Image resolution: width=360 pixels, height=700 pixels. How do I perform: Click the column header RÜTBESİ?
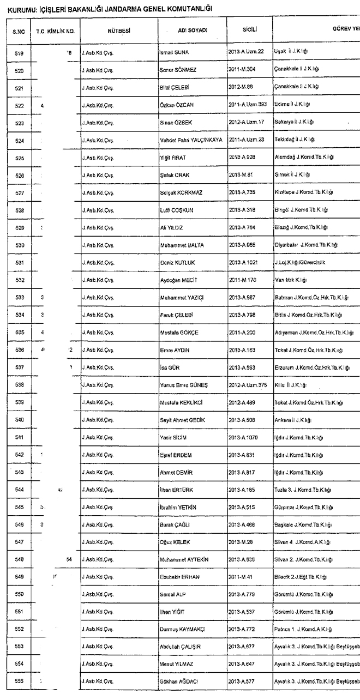119,31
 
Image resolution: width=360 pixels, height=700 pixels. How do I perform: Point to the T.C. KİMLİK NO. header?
55,32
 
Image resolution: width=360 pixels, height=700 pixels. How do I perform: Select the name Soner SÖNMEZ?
177,70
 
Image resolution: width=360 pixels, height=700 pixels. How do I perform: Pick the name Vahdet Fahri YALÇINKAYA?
191,140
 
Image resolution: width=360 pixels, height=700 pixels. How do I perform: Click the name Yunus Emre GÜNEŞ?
184,385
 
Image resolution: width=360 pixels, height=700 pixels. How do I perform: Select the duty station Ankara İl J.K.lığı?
293,420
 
